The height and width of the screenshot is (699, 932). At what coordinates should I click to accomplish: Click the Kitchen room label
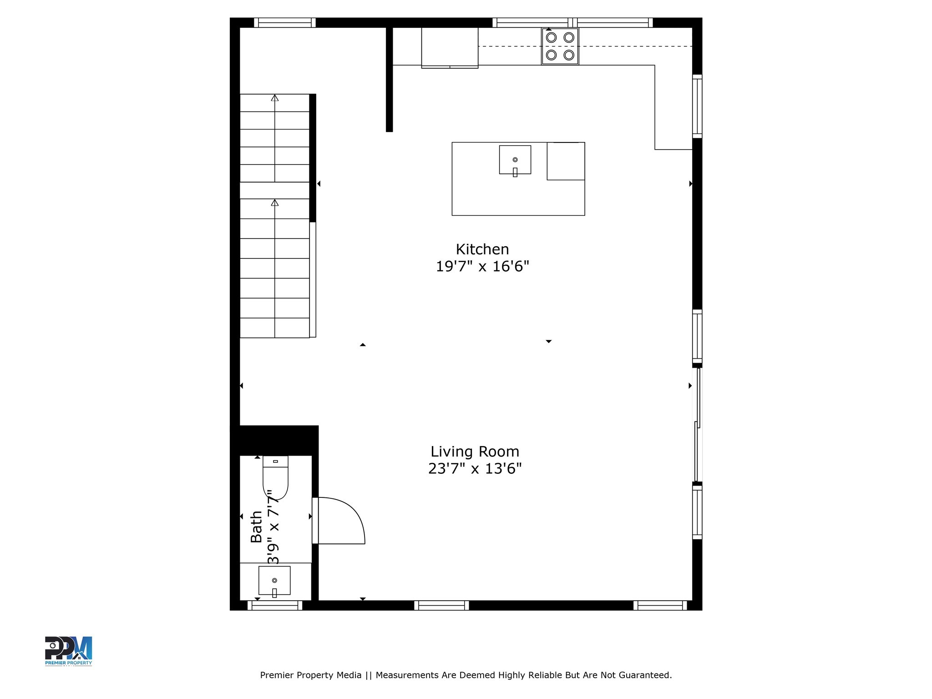pos(482,249)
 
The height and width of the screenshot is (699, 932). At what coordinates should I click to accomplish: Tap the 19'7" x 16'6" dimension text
pos(482,266)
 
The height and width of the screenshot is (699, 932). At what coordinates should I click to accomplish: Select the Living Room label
pos(475,451)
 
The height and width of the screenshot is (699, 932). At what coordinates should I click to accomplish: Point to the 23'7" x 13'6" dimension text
pos(475,468)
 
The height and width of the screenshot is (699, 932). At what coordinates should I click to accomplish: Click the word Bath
pos(257,527)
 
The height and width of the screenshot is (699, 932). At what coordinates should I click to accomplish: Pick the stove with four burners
pos(560,46)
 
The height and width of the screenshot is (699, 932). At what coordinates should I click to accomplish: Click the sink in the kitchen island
pos(515,160)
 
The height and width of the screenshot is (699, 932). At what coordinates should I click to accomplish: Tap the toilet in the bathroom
pos(275,478)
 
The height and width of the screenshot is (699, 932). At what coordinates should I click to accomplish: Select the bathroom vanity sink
pos(274,580)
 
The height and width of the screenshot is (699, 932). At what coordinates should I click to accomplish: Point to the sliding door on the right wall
pos(697,424)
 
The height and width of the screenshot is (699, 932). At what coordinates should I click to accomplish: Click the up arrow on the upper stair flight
pos(274,98)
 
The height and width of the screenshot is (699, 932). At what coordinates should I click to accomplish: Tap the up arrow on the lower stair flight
pos(274,203)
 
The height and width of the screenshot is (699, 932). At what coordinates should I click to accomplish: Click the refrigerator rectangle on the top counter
pos(450,48)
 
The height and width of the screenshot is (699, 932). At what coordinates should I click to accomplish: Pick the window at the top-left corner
pos(284,22)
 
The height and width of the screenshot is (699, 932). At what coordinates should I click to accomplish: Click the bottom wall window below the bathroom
pos(274,605)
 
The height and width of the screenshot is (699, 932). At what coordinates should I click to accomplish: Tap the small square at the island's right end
pos(566,161)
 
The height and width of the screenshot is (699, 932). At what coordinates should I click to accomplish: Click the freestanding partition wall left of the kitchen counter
pos(389,80)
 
